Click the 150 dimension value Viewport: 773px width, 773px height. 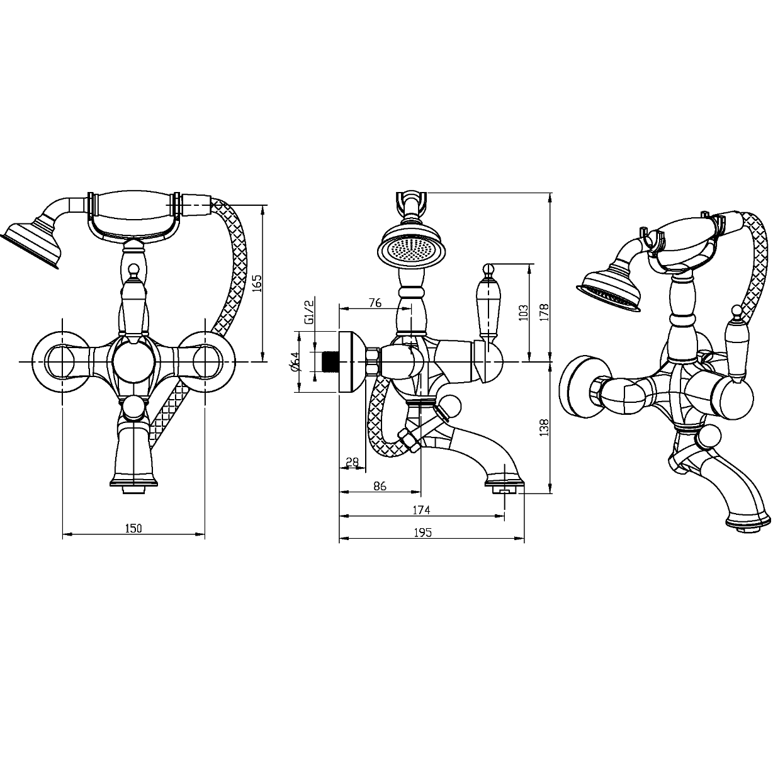click(x=133, y=528)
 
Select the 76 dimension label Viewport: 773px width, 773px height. click(x=375, y=303)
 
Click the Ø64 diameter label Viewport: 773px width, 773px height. click(x=295, y=361)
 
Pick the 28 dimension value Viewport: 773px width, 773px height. click(x=352, y=463)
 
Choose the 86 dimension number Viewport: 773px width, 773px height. click(x=380, y=486)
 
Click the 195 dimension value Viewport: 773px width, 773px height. click(x=423, y=533)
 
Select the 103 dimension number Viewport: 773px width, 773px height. click(x=522, y=313)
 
